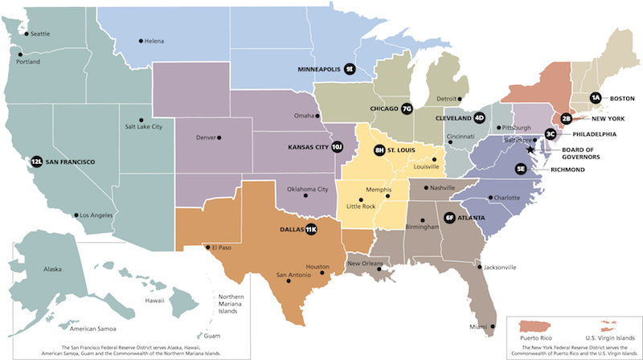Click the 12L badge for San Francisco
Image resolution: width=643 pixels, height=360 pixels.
tap(36, 162)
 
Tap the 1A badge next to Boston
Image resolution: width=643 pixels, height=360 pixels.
tap(596, 98)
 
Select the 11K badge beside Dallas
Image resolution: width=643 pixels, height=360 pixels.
tap(310, 230)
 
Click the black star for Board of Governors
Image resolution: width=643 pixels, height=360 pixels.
tap(530, 149)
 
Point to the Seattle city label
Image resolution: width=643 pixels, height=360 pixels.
tap(39, 34)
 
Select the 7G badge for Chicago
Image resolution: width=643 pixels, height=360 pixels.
tap(406, 108)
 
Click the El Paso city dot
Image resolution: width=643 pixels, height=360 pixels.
tap(207, 247)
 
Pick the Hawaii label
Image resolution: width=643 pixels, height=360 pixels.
tap(154, 300)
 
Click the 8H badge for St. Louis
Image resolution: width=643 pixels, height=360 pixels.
tap(380, 150)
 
